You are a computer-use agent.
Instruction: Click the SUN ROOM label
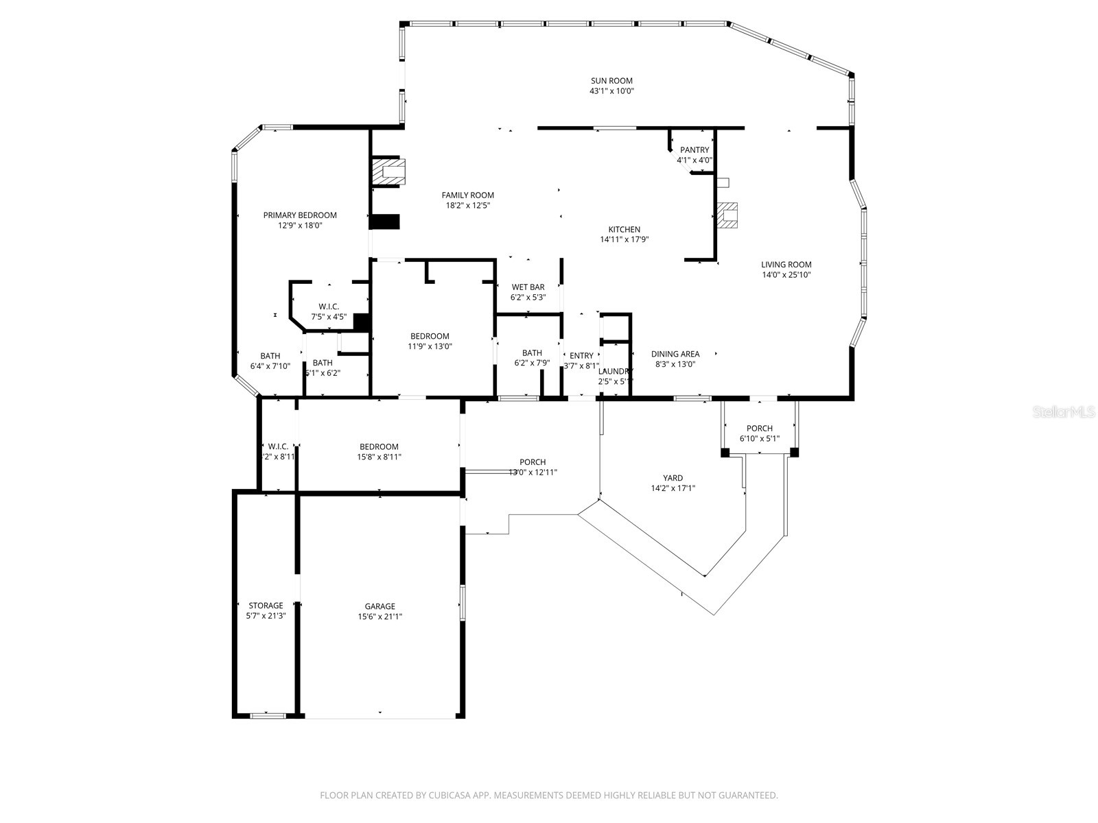click(x=611, y=80)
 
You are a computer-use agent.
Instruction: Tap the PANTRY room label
click(x=694, y=150)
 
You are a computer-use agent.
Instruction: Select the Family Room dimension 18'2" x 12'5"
click(x=467, y=205)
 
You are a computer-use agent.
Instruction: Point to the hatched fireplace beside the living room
click(x=727, y=215)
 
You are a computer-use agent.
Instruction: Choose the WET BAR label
click(x=528, y=287)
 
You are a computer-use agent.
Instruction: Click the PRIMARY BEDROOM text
click(x=300, y=215)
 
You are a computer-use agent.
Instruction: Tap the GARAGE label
click(x=379, y=606)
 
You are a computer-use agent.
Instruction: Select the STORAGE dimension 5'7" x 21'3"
click(x=266, y=616)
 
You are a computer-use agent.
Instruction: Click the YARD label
click(x=673, y=478)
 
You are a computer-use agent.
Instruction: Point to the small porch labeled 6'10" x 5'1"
click(x=759, y=433)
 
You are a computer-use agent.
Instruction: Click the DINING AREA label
click(x=675, y=354)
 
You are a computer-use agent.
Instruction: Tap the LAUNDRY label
click(x=615, y=371)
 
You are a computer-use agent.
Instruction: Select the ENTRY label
click(x=581, y=355)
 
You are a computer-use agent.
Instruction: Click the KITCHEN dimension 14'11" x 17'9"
click(x=624, y=239)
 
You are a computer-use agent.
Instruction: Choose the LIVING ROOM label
click(x=786, y=264)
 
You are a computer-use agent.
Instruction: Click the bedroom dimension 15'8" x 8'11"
click(x=379, y=457)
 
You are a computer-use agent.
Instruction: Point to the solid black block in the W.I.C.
click(x=362, y=322)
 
